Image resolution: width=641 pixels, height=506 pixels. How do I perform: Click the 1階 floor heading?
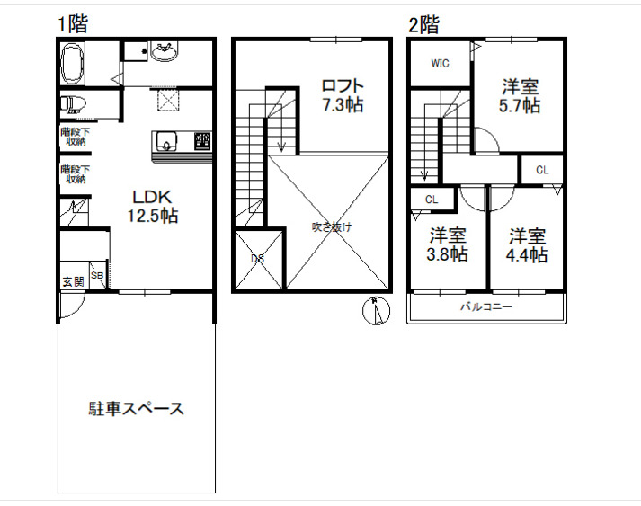[72, 24]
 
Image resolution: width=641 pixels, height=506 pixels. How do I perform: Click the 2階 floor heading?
[423, 25]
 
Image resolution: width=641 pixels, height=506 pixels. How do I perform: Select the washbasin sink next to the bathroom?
[163, 53]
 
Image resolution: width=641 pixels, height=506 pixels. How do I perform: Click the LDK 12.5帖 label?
[154, 206]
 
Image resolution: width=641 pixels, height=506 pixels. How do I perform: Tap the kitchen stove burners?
[203, 140]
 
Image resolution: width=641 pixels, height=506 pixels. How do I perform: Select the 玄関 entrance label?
[73, 281]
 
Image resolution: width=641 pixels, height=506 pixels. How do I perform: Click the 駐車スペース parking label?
[136, 409]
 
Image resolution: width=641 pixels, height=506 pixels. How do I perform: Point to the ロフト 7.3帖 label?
[342, 95]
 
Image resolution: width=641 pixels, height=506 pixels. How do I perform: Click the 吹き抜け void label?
[332, 226]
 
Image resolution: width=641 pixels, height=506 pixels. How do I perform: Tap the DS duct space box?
[258, 260]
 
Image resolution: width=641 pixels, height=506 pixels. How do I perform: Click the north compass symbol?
[378, 311]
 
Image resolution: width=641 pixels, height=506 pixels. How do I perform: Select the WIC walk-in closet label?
[440, 63]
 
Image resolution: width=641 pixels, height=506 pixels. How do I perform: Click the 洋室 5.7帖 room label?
[521, 96]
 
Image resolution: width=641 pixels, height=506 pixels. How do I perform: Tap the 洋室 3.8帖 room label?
[447, 244]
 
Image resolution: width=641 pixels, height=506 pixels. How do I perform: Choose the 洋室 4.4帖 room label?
[528, 244]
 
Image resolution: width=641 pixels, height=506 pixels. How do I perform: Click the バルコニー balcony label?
[486, 306]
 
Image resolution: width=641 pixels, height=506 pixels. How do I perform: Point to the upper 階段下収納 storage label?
[74, 136]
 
